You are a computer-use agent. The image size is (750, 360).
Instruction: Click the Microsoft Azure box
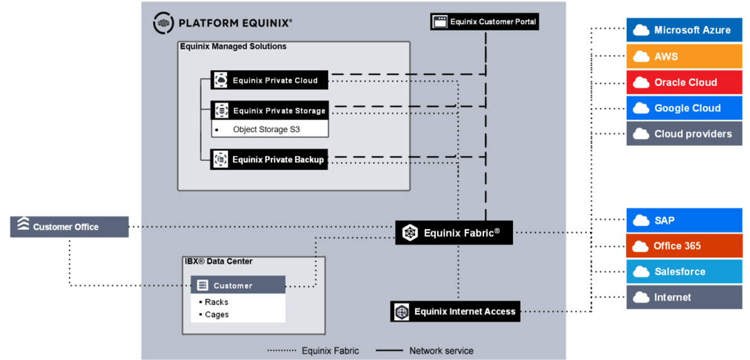(x=684, y=30)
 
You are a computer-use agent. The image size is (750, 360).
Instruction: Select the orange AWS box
(x=684, y=56)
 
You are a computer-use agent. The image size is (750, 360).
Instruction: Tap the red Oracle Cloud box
(x=684, y=82)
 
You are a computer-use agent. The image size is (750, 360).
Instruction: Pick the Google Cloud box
(x=684, y=108)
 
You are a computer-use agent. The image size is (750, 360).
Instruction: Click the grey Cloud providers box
(x=684, y=134)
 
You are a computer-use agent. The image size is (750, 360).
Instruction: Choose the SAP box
(x=684, y=220)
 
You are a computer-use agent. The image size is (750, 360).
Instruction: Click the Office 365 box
(x=684, y=246)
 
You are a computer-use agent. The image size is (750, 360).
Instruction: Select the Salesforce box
(x=684, y=272)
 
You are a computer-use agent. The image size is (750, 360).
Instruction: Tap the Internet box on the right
(x=684, y=297)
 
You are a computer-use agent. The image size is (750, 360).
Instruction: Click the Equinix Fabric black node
(x=454, y=233)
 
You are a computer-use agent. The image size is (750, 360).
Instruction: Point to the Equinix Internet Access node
(x=455, y=312)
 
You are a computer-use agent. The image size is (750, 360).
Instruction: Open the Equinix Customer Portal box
(x=485, y=21)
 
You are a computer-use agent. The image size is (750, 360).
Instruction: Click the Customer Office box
(x=70, y=227)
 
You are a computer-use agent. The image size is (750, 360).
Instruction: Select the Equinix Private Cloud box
(x=269, y=80)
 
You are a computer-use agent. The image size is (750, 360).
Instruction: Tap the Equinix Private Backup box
(x=269, y=160)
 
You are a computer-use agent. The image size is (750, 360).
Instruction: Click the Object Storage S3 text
(x=267, y=129)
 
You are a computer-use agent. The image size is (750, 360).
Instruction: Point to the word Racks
(x=216, y=302)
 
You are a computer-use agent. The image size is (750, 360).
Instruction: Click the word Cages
(x=217, y=315)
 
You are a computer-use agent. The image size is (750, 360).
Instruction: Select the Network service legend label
(x=441, y=351)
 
